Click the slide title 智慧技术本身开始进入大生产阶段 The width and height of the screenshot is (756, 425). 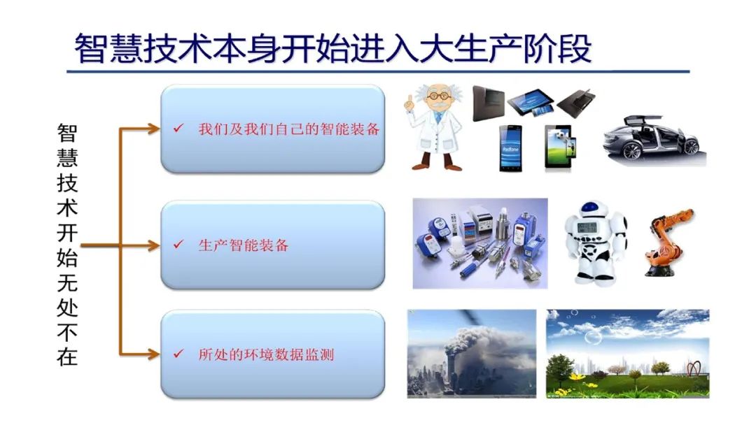(332, 49)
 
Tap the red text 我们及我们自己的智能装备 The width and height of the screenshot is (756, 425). (289, 129)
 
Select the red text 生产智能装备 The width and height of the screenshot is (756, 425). (244, 245)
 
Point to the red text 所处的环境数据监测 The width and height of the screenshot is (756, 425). (266, 354)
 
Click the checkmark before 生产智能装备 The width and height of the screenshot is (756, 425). (178, 245)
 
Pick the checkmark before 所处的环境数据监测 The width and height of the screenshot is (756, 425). (178, 354)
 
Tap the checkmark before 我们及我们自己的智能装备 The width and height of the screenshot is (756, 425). (178, 128)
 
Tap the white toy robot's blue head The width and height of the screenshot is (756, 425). (589, 210)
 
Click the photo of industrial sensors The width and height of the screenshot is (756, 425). (480, 243)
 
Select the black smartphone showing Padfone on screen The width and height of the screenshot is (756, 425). (510, 148)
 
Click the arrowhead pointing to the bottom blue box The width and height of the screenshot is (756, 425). (153, 354)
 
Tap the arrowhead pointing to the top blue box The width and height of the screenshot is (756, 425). (153, 129)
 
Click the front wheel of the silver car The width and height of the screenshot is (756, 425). (631, 152)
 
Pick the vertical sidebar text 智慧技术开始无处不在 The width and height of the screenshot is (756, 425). (67, 245)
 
